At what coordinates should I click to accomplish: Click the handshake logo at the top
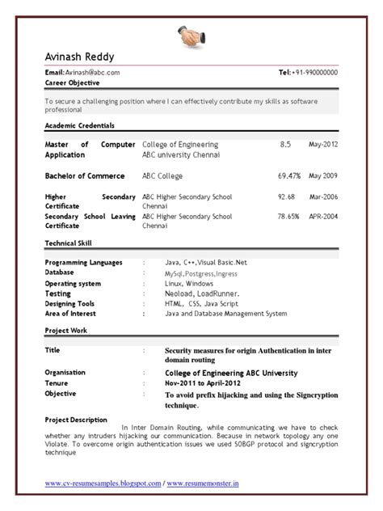(x=191, y=35)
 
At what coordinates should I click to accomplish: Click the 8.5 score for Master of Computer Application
(x=285, y=144)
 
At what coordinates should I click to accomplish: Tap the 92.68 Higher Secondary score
(x=286, y=196)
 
